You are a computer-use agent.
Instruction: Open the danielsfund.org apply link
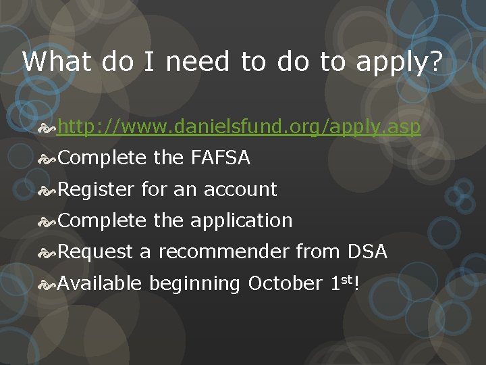click(x=239, y=127)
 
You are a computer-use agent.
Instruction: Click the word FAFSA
click(x=220, y=158)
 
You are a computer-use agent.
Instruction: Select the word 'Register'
click(x=97, y=190)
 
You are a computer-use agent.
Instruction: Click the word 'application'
click(x=241, y=221)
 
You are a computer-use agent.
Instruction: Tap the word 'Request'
click(x=95, y=252)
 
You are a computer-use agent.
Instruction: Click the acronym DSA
click(x=367, y=252)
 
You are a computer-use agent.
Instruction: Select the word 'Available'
click(x=100, y=283)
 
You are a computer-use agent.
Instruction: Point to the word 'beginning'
click(x=194, y=284)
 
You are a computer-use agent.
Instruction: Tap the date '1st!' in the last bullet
click(x=344, y=283)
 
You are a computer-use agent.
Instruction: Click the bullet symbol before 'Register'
click(x=49, y=190)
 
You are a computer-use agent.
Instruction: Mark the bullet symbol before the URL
click(x=49, y=127)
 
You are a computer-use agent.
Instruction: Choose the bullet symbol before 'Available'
click(x=49, y=283)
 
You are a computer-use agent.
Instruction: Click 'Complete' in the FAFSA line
click(x=102, y=158)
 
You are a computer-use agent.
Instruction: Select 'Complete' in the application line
click(x=102, y=221)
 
